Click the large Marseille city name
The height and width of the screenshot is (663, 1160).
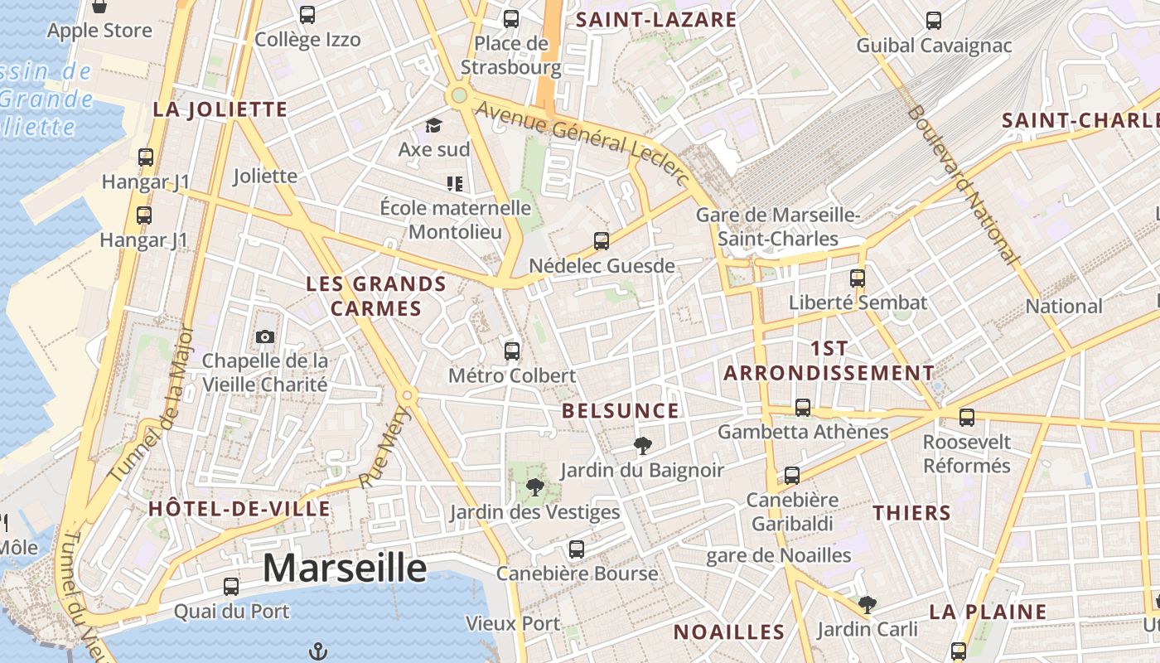point(345,569)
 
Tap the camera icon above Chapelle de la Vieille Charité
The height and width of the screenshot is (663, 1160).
point(265,336)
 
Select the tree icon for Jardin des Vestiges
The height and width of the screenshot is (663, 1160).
point(535,487)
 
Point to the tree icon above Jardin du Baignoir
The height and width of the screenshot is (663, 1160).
point(642,446)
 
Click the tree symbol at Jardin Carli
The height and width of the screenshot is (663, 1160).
point(868,605)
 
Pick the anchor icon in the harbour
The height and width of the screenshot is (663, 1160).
point(317,651)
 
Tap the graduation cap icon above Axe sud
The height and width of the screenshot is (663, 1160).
point(433,126)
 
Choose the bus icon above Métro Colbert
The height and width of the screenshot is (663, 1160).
point(512,351)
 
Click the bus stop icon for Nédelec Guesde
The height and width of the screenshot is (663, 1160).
point(602,241)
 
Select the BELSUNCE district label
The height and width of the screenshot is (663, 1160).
point(621,411)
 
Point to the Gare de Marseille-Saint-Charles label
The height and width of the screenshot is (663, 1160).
point(778,227)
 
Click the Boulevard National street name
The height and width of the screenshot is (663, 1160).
point(962,185)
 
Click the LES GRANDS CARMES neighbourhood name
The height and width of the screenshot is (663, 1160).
point(376,296)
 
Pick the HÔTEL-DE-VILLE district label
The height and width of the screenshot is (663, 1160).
point(239,509)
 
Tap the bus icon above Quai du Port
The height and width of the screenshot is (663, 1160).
point(231,587)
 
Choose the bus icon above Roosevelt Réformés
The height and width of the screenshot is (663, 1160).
point(966,418)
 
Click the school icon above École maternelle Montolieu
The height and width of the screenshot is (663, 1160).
point(454,183)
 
